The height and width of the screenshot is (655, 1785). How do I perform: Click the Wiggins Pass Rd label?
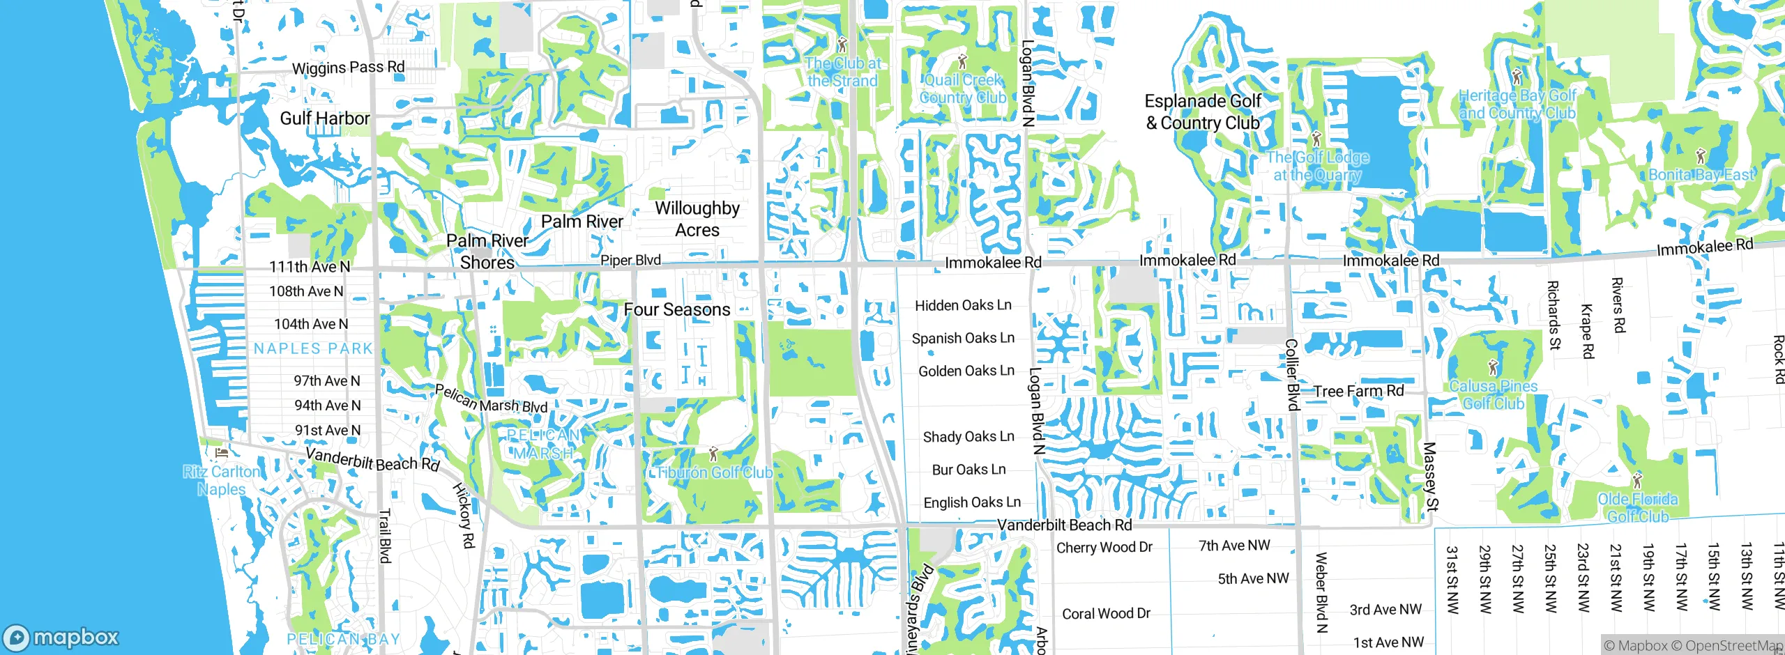348,68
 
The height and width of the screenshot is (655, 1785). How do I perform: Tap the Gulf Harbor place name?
324,118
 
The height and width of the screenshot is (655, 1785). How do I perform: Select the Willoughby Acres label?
697,219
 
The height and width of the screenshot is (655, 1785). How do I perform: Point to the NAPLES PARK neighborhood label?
313,348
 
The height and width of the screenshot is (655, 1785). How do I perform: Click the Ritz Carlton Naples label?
221,480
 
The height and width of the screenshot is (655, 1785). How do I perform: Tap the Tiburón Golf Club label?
715,472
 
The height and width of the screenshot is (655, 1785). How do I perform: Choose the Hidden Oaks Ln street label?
963,305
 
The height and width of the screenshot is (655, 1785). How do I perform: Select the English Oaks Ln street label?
972,502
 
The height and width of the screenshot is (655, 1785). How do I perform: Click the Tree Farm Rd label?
1358,391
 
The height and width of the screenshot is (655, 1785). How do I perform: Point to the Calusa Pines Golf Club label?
1493,394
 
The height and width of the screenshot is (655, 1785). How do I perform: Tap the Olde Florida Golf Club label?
1638,507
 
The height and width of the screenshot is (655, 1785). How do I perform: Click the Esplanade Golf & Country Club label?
1203,111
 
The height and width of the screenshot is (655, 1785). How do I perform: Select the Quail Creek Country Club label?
963,89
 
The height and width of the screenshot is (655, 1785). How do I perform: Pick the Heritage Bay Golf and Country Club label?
1517,104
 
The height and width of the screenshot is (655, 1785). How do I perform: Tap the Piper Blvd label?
630,260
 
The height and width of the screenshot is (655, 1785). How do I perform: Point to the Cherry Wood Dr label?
1104,547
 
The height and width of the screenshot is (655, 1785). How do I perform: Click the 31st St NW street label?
1452,580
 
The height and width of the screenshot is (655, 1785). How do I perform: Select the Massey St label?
1430,477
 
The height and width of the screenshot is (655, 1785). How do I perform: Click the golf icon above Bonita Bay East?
1701,155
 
